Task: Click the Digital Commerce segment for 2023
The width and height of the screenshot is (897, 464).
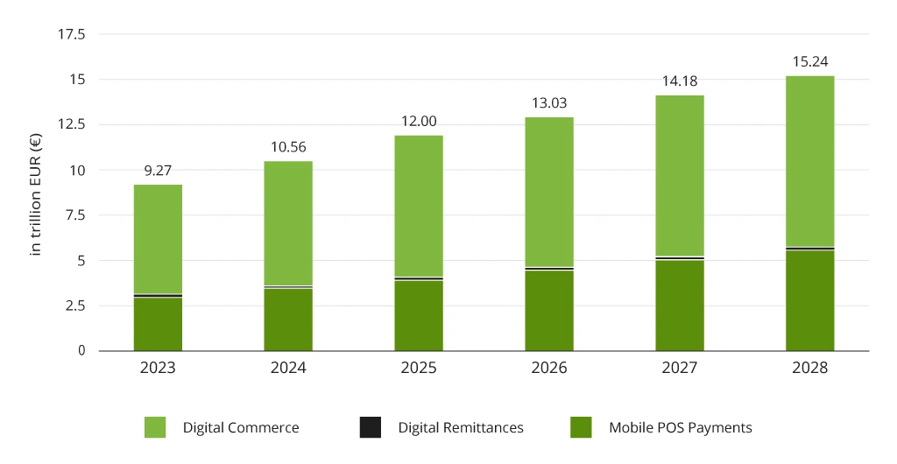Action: (x=158, y=239)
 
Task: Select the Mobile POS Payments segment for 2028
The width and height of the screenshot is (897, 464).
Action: (x=809, y=300)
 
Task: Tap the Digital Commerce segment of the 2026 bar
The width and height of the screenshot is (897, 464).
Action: (x=549, y=192)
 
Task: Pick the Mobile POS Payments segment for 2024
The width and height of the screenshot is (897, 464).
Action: (x=288, y=320)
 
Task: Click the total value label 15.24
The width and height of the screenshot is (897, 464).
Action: (x=809, y=61)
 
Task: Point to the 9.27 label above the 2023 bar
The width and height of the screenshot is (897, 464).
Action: (x=158, y=170)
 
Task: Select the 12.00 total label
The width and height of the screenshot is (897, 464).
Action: (x=419, y=122)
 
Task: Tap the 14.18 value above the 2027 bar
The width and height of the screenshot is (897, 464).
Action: (x=680, y=81)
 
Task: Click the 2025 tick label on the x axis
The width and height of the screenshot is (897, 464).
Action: (x=419, y=368)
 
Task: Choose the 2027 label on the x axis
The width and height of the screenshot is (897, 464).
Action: (x=680, y=368)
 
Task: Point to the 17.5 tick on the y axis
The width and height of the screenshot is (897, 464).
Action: (x=71, y=35)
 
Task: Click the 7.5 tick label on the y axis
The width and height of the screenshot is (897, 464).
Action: (x=74, y=215)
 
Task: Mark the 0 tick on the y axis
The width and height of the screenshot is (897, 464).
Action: (x=81, y=350)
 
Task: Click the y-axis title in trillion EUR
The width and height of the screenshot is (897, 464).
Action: (x=36, y=193)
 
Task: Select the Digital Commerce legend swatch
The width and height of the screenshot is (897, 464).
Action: (x=156, y=427)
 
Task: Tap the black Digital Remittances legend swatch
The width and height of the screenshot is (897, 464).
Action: (x=371, y=427)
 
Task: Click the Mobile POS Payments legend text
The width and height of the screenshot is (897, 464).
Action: (x=680, y=427)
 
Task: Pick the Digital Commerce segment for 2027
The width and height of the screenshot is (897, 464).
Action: (x=680, y=175)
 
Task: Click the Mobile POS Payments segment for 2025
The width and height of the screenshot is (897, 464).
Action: (x=419, y=315)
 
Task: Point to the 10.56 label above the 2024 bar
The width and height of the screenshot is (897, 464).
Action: (x=288, y=147)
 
